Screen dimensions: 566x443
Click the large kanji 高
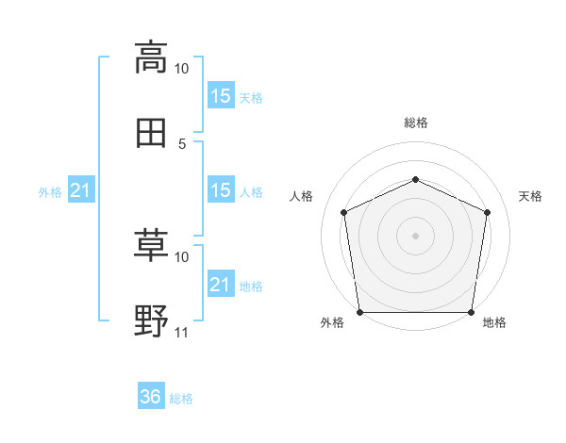tap(151, 57)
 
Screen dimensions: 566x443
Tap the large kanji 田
tap(151, 133)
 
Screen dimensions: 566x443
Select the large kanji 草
tap(151, 246)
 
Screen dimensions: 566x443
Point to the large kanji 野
tap(151, 320)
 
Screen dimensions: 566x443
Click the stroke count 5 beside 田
tap(182, 144)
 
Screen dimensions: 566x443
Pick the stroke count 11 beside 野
tap(181, 333)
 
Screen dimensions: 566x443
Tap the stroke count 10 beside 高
tap(181, 69)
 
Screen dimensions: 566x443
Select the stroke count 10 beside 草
tap(181, 257)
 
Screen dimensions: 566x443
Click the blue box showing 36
tap(151, 395)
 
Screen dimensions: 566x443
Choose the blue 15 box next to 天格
tap(221, 95)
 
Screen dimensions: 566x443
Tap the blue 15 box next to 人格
tap(221, 189)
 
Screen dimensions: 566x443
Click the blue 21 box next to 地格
tap(221, 283)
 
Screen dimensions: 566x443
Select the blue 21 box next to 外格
tap(81, 189)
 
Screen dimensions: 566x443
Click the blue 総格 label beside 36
tap(181, 399)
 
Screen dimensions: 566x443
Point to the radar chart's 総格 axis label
tap(416, 123)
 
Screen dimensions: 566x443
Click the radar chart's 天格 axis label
tap(530, 196)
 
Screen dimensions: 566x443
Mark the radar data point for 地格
tap(471, 312)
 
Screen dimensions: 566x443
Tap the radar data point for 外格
tap(360, 312)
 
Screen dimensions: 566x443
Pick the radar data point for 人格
tap(344, 212)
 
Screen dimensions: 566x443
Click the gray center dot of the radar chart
tap(415, 236)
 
